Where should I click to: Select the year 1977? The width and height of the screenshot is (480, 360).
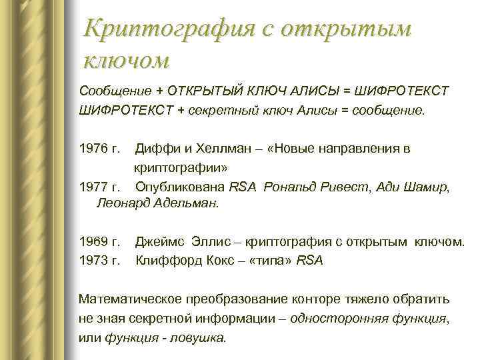(93, 187)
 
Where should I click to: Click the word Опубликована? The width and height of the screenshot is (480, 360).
(181, 187)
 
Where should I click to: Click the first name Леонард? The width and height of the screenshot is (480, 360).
(123, 204)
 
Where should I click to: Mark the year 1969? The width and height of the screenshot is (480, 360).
(93, 242)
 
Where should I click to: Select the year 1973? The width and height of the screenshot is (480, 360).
(93, 261)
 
